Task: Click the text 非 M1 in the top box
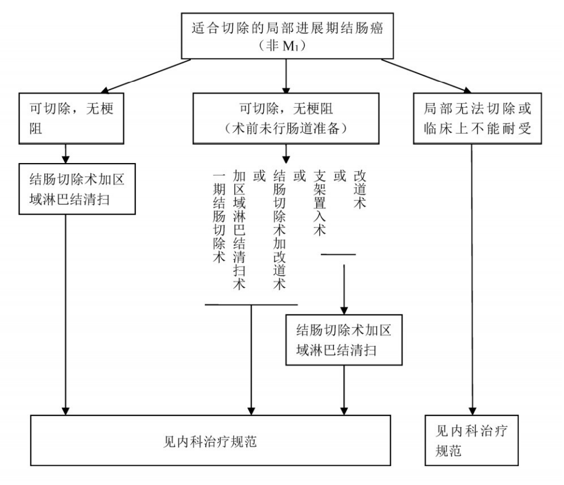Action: (285, 46)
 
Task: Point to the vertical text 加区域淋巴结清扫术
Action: (240, 230)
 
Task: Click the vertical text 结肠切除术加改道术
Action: (280, 230)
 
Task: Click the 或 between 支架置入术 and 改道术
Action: (340, 176)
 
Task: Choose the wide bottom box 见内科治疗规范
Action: (210, 441)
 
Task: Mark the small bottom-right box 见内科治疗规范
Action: (472, 442)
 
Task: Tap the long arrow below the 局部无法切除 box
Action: (472, 277)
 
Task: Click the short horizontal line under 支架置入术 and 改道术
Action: (339, 255)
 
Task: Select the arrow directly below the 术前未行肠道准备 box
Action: (286, 154)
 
